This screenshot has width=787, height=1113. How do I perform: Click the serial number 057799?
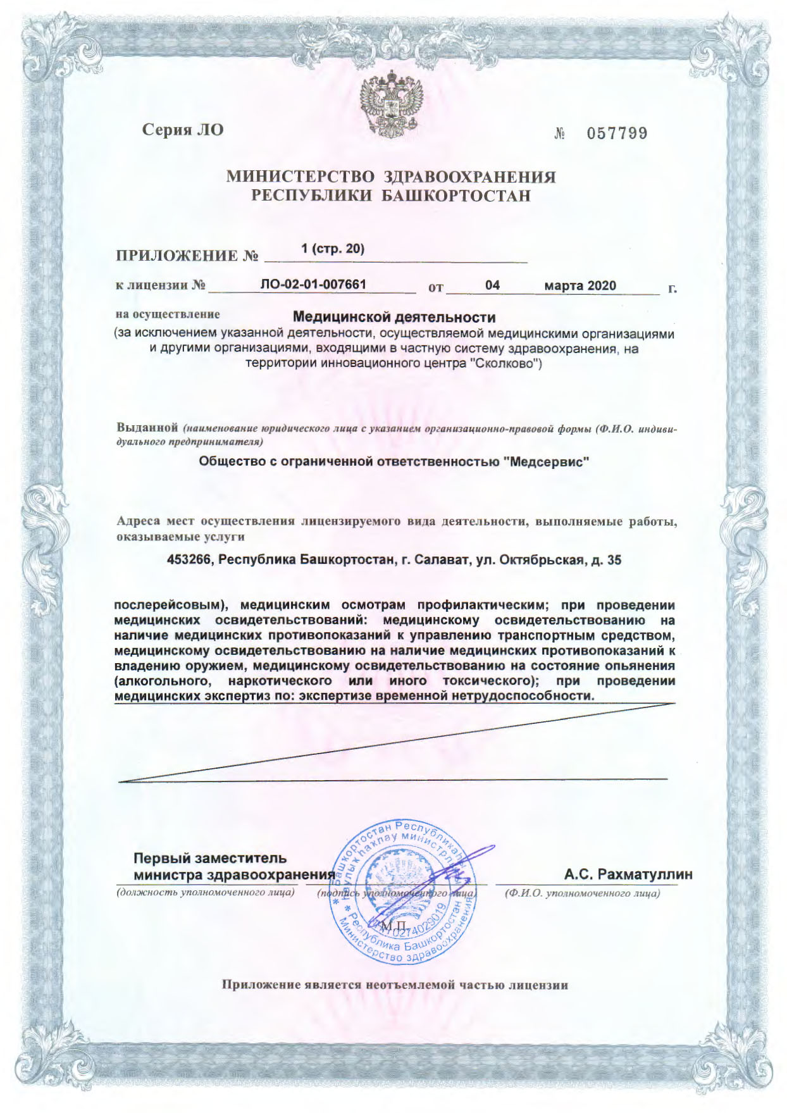617,134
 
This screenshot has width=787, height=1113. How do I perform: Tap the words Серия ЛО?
183,130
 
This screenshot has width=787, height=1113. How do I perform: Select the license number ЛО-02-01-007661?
313,284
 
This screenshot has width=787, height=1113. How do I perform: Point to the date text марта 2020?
580,285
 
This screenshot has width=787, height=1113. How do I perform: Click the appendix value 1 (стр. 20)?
333,249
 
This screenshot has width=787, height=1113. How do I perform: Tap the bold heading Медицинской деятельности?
395,316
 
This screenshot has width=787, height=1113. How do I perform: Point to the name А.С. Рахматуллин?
628,874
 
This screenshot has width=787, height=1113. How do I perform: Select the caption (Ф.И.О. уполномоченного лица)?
582,893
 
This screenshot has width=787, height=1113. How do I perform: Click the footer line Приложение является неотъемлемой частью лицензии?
394,985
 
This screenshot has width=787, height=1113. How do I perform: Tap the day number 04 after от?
492,285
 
